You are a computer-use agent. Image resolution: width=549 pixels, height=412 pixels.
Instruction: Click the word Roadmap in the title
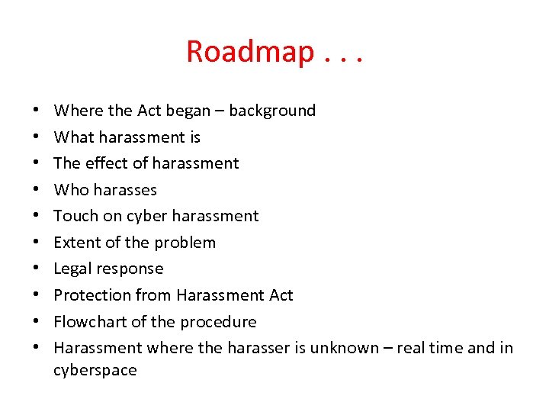pos(250,52)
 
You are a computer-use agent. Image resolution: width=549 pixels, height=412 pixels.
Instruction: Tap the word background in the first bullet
pos(272,111)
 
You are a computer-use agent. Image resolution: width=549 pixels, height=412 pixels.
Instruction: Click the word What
pos(72,137)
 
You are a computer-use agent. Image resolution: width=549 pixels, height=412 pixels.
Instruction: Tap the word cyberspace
pos(95,371)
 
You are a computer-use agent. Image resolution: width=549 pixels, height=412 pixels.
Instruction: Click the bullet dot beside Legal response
pos(37,269)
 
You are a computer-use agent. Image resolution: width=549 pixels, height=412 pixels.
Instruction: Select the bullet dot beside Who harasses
pos(37,190)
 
